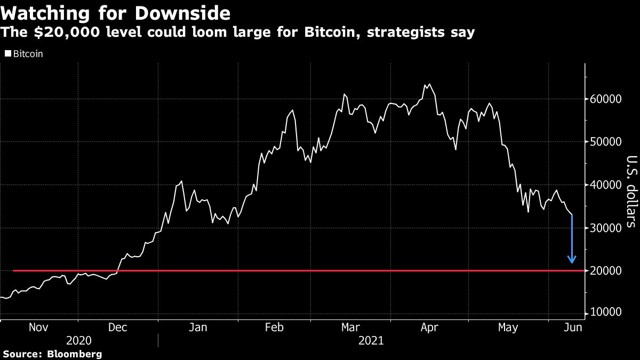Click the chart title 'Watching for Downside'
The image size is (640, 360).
click(116, 12)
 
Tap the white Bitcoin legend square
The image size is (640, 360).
click(7, 54)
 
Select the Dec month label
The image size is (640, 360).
click(117, 327)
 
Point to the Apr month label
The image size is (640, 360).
click(430, 327)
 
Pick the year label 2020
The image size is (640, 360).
click(79, 340)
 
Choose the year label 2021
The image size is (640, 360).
click(371, 340)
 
